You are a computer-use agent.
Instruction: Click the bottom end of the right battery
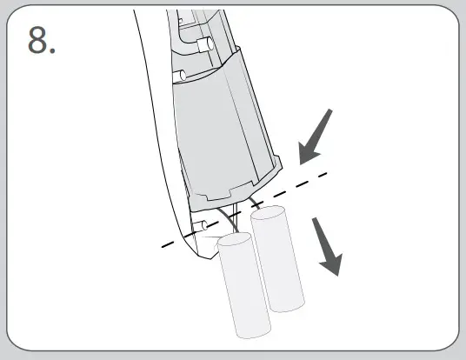click(287, 306)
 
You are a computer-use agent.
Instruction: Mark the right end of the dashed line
click(327, 171)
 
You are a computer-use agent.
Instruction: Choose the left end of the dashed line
click(163, 247)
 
